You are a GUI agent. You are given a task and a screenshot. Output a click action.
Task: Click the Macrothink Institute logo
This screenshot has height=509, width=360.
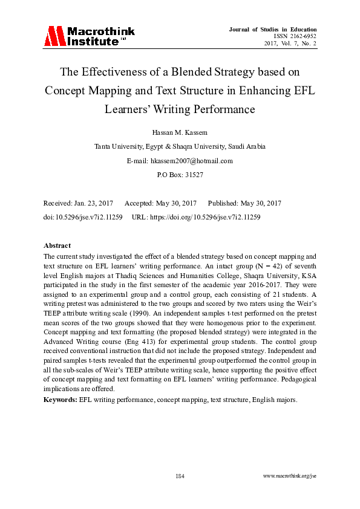90,36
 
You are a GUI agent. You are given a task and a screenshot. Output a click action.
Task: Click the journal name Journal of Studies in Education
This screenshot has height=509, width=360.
273,29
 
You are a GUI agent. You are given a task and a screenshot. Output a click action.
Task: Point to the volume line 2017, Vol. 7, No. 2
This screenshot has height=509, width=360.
290,44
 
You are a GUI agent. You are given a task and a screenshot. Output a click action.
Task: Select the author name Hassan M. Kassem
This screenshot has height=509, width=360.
180,131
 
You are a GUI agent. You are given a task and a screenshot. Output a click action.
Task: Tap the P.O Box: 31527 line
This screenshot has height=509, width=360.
180,175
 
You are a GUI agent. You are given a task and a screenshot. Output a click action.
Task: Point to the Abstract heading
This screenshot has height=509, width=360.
57,246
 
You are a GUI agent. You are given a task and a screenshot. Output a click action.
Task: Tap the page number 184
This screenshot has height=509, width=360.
180,476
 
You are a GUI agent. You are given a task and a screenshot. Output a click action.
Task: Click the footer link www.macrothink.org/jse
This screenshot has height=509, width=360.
290,476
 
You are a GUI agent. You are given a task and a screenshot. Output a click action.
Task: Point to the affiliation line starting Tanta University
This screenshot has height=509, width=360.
180,146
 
